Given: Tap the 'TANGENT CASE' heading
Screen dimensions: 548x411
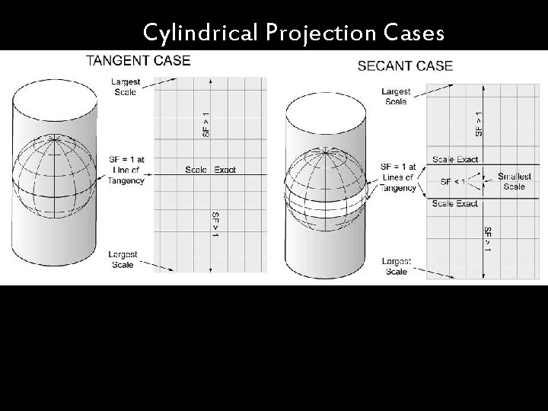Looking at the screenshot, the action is [x=138, y=60].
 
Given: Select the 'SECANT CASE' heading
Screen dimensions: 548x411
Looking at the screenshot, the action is [x=405, y=65].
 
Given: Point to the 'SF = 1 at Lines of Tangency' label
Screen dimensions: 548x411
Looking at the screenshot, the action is [x=397, y=177].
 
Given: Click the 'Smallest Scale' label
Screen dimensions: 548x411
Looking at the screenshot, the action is [x=514, y=182].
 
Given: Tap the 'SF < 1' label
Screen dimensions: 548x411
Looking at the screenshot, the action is [x=453, y=182].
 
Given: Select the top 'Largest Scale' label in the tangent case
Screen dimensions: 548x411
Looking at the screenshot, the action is [x=123, y=87].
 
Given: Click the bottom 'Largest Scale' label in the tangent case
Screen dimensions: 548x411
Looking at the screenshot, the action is [x=123, y=260].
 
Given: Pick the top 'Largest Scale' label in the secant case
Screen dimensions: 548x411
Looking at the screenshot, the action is [x=396, y=96].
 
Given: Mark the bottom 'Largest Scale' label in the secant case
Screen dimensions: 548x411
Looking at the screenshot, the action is [x=396, y=266].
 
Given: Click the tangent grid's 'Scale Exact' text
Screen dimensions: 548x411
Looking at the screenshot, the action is [x=211, y=169].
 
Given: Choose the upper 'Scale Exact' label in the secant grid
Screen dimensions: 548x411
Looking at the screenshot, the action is [x=455, y=160].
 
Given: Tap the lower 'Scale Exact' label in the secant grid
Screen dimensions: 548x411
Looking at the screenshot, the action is [x=455, y=204].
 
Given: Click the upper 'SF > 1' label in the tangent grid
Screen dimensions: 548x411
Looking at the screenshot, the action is [x=205, y=124].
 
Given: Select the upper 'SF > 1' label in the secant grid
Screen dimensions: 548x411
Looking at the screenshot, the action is [x=478, y=123].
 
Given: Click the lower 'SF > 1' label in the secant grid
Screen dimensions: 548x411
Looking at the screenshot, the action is [x=488, y=239].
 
